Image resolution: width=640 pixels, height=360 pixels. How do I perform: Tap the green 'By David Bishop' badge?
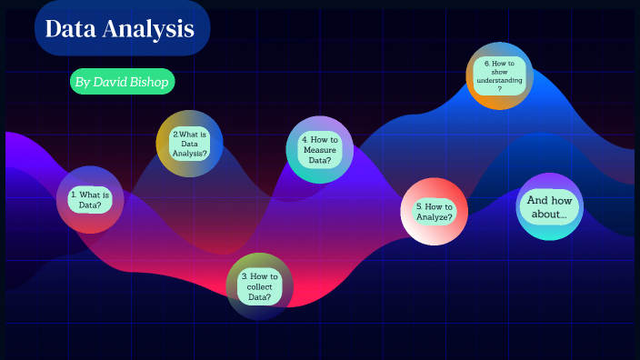[x=122, y=82]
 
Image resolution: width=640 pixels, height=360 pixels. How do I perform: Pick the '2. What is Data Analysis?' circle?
[x=189, y=144]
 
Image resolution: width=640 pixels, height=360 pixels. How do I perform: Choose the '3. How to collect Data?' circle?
[x=259, y=286]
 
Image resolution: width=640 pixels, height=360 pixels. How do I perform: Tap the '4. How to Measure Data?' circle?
[x=319, y=150]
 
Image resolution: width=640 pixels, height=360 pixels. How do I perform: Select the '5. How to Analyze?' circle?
[x=435, y=212]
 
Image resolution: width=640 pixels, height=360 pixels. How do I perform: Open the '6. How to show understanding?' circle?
[x=499, y=76]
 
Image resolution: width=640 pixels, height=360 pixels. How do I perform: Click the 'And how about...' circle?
[x=549, y=206]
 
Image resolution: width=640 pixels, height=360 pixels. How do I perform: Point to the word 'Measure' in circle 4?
[x=320, y=150]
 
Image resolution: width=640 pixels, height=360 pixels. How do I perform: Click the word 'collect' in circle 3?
[x=260, y=287]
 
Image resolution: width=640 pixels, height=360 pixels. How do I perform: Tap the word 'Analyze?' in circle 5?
[x=435, y=217]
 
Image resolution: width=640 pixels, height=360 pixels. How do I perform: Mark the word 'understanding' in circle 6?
[x=500, y=81]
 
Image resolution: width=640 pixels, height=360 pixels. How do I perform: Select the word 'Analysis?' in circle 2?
[x=190, y=154]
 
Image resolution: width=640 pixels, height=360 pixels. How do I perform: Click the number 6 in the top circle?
[x=487, y=63]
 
